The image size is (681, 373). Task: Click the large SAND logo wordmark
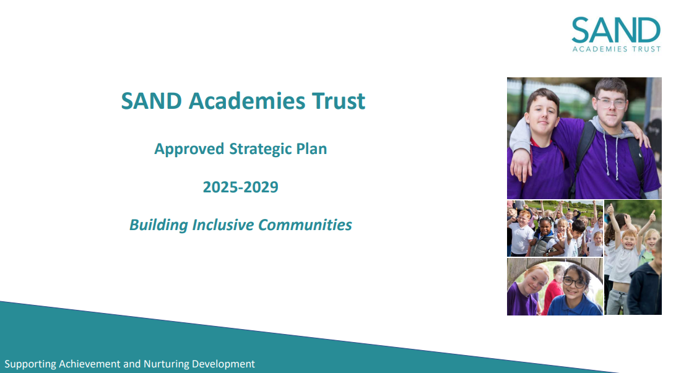tap(616, 30)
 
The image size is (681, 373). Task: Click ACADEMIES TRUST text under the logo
tap(616, 49)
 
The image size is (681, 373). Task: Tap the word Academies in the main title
tap(246, 101)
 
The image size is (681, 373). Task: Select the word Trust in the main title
tap(339, 101)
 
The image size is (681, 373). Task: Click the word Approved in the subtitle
tap(189, 149)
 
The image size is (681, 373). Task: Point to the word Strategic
tap(260, 149)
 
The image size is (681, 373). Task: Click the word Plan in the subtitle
tap(311, 148)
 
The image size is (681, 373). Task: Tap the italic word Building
tap(158, 225)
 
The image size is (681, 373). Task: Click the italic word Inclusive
tap(223, 225)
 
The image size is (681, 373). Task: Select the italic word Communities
tap(305, 225)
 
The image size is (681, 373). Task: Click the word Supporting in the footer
tap(30, 364)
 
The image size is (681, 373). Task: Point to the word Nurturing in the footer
tap(166, 364)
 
